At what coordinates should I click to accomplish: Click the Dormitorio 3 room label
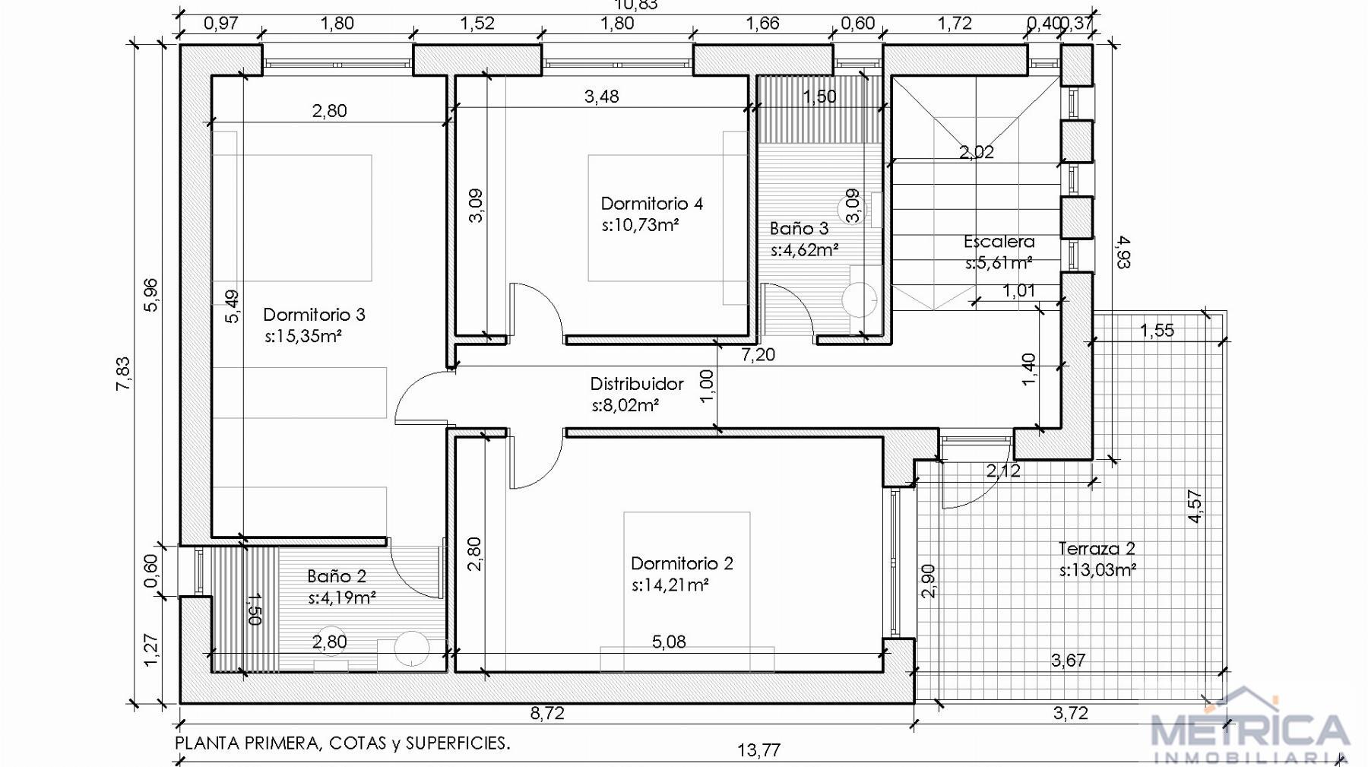click(314, 314)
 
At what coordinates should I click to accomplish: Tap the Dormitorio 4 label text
click(651, 203)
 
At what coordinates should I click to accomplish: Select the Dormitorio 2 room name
click(682, 563)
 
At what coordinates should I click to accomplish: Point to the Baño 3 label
click(799, 228)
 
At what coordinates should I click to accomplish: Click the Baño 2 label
click(337, 576)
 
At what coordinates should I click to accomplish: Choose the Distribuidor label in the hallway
click(637, 384)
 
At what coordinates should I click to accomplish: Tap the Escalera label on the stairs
click(999, 242)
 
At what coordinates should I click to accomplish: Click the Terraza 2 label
click(1097, 548)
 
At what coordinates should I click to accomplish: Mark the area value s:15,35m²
click(303, 336)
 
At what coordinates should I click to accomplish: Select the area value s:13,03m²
click(1097, 570)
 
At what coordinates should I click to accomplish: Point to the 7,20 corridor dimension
click(758, 354)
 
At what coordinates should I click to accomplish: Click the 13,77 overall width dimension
click(758, 750)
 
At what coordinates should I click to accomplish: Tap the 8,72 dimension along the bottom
click(547, 713)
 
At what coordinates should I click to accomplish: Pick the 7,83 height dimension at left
click(123, 374)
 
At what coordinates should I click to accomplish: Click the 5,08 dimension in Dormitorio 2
click(669, 642)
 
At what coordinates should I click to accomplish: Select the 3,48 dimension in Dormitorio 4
click(601, 97)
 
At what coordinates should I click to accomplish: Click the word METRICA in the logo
click(1251, 730)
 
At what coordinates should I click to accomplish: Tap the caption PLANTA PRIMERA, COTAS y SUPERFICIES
click(343, 743)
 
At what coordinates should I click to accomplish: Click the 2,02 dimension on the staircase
click(977, 152)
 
